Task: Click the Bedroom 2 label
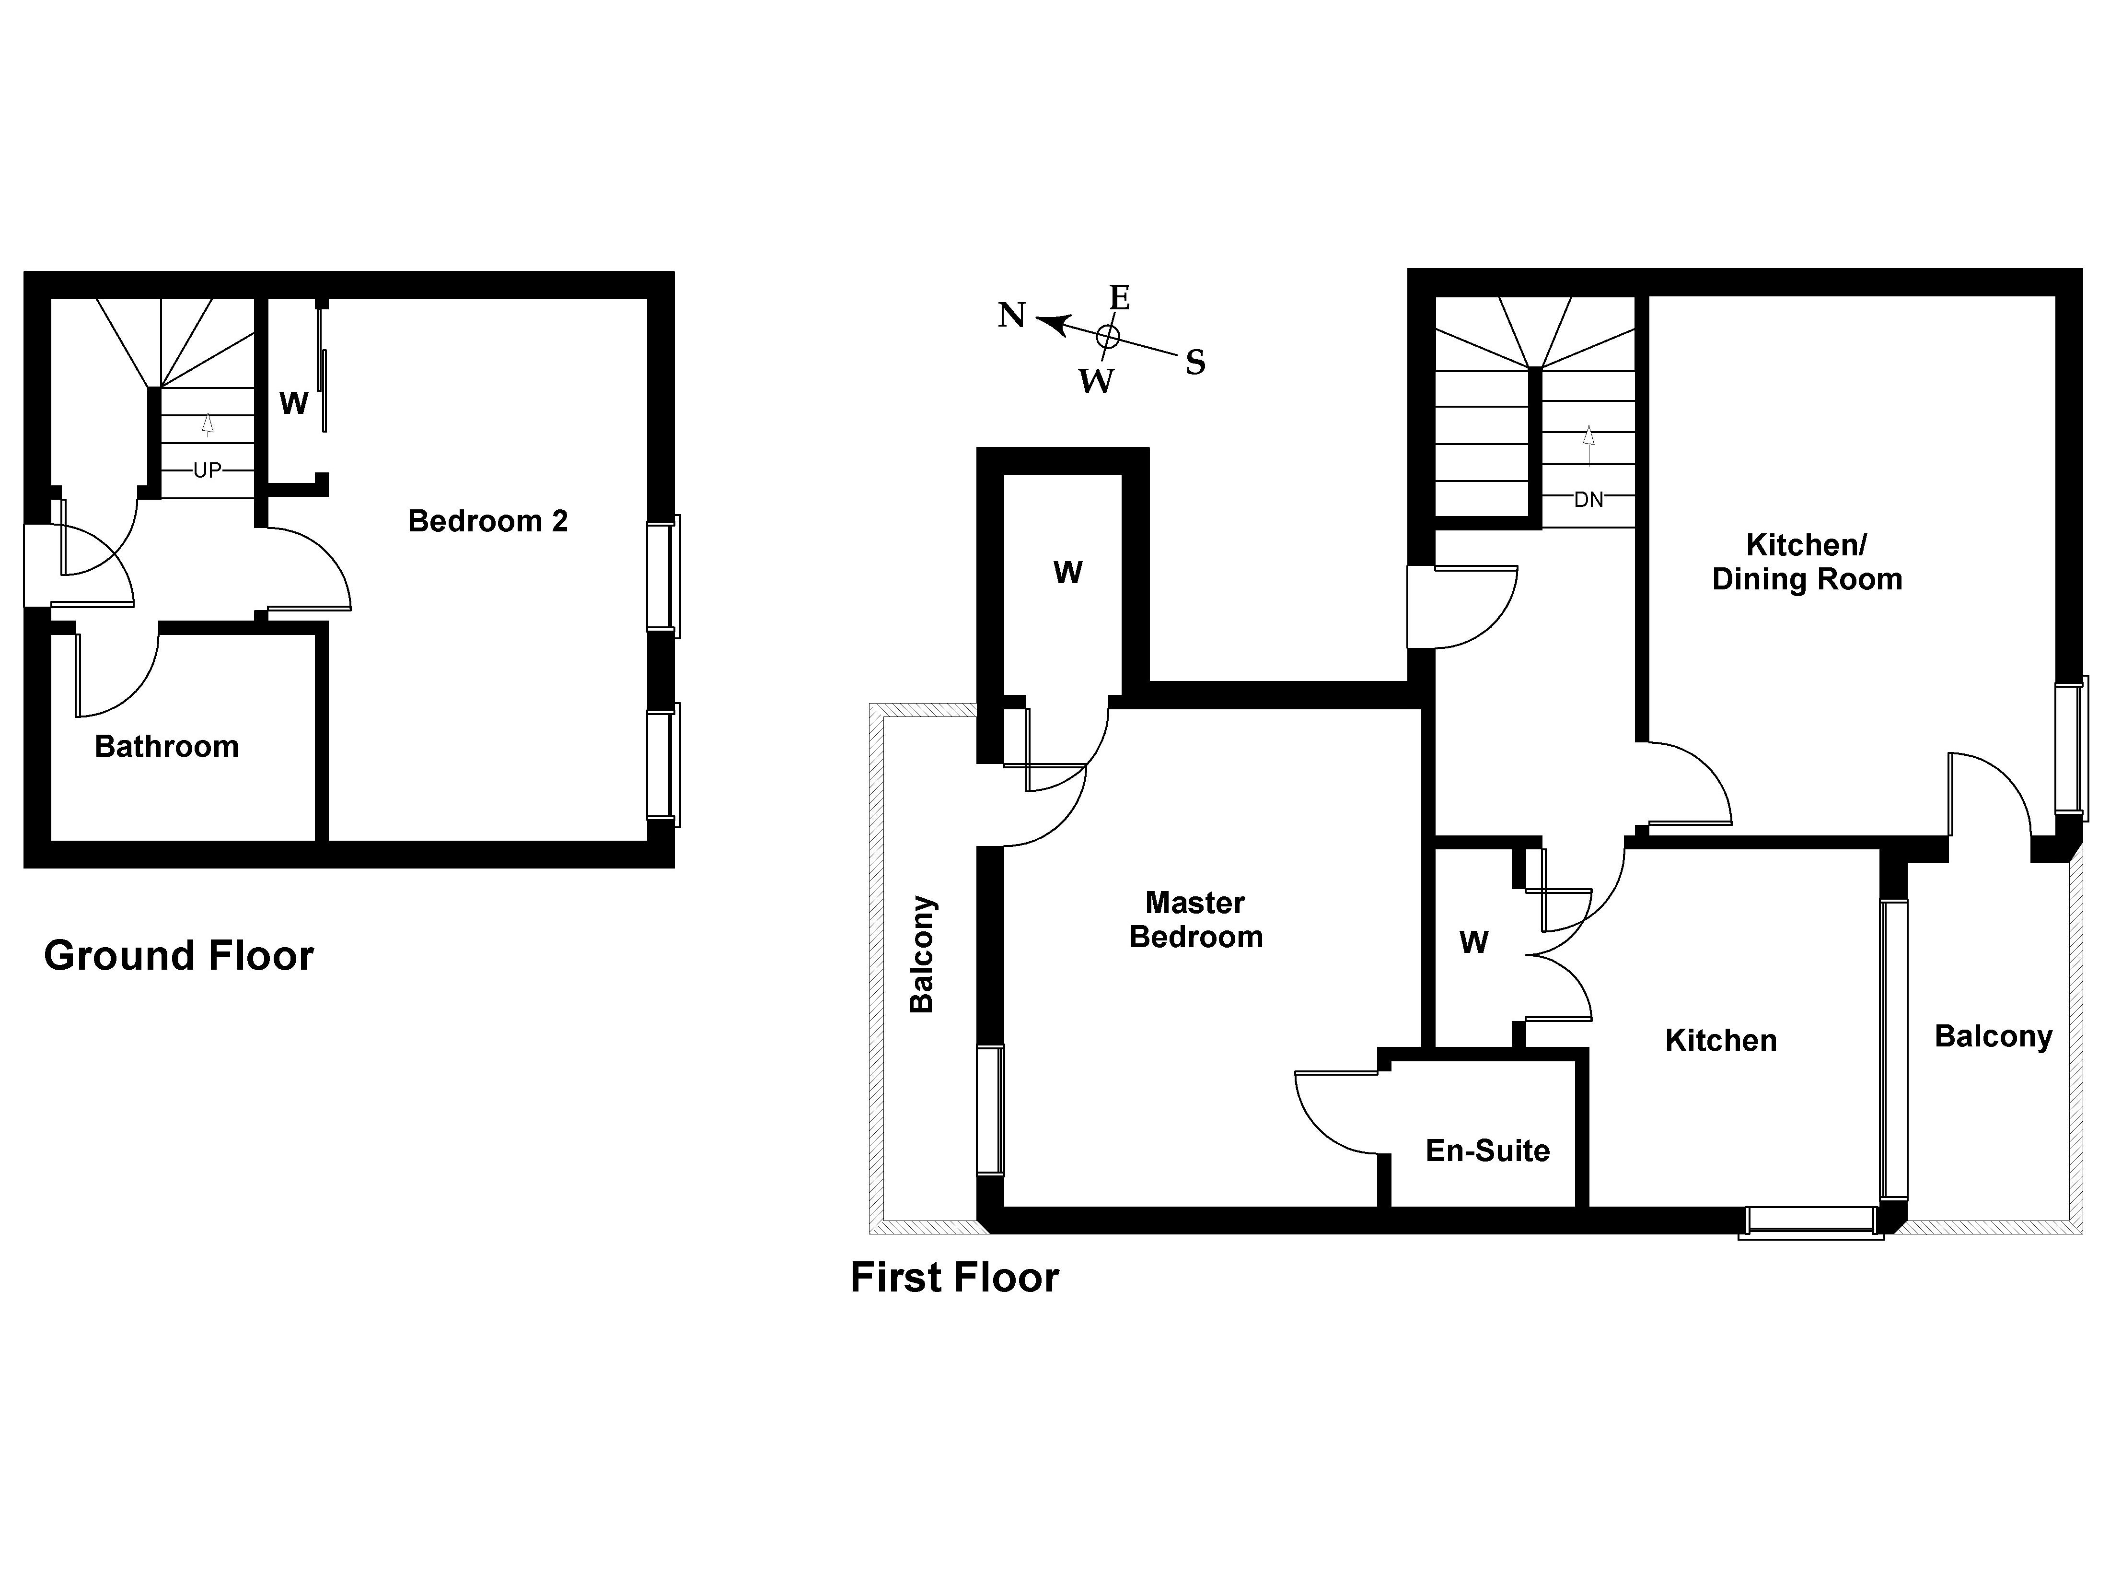point(487,521)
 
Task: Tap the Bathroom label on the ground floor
point(167,746)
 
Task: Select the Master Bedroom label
point(1196,920)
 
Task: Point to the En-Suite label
point(1487,1151)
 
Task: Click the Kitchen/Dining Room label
point(1807,562)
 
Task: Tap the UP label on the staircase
point(207,470)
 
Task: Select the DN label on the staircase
point(1588,499)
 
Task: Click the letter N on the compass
point(1011,315)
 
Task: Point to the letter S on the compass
point(1195,363)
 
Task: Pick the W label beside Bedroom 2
point(294,404)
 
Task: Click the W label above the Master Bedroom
point(1068,573)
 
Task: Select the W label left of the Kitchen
point(1474,943)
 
